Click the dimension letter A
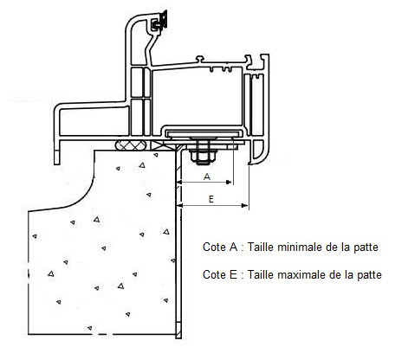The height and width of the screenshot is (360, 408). coord(207,177)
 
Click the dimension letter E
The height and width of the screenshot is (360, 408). coord(211,199)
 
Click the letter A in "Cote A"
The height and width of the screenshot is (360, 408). coord(233,247)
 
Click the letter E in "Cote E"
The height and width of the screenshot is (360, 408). coord(233,274)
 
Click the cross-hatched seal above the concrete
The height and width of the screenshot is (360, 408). coord(132,145)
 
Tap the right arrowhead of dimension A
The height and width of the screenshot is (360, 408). coord(229,182)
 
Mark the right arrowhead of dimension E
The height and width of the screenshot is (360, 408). coord(244,205)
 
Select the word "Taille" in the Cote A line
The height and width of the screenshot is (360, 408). coord(258,247)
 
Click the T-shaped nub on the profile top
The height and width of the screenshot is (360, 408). coord(200,59)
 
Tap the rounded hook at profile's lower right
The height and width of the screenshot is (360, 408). coord(259,153)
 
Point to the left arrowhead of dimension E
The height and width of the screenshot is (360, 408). coord(180,205)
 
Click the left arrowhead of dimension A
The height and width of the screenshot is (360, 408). coord(180,182)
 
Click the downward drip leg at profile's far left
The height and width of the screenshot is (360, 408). coord(57,152)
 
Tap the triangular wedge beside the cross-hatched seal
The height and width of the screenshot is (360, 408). coord(158,145)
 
